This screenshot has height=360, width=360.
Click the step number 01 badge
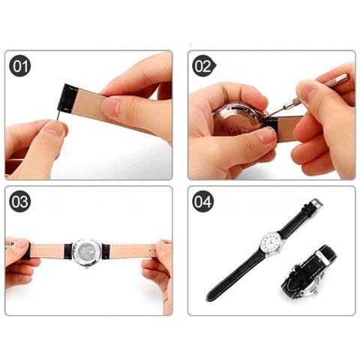pyautogui.click(x=20, y=66)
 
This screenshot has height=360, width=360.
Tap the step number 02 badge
pyautogui.click(x=203, y=66)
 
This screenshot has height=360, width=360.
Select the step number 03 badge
pyautogui.click(x=20, y=202)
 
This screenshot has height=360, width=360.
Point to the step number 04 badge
pyautogui.click(x=203, y=202)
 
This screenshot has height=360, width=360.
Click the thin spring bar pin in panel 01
pyautogui.click(x=58, y=115)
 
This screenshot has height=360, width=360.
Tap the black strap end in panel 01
pyautogui.click(x=67, y=99)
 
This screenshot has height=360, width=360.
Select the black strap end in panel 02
pyautogui.click(x=271, y=124)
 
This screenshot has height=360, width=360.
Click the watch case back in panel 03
pyautogui.click(x=87, y=251)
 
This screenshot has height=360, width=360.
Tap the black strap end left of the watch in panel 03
pyautogui.click(x=68, y=250)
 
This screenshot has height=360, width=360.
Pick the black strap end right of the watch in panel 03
pyautogui.click(x=106, y=251)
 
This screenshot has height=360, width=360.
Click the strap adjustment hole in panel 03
pyautogui.click(x=149, y=250)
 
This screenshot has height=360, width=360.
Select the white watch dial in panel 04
pyautogui.click(x=271, y=241)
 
